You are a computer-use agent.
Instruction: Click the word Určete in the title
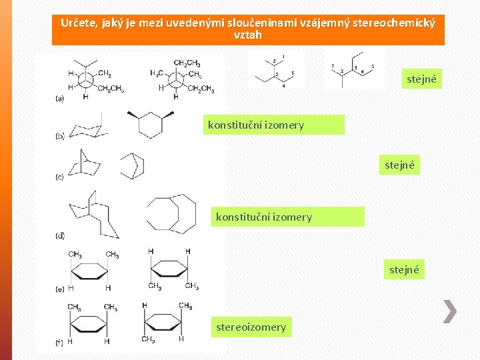tap(77, 23)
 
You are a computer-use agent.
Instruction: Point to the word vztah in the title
tap(248, 35)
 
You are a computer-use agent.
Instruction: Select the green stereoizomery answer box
tap(251, 327)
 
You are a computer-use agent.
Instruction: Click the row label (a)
tap(60, 98)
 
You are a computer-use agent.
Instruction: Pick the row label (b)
tap(60, 136)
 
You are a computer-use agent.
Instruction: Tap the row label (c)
tap(60, 177)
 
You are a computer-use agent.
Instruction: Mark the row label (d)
tap(60, 235)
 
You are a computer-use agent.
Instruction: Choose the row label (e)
tap(60, 288)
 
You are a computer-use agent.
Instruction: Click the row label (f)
tap(60, 343)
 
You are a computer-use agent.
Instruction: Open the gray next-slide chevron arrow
tap(451, 311)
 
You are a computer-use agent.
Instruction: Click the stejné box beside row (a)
tap(421, 79)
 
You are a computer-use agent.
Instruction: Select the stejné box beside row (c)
tap(400, 165)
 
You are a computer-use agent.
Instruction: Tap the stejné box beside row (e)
tap(405, 270)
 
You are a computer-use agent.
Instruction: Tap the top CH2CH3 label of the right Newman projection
tap(187, 63)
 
